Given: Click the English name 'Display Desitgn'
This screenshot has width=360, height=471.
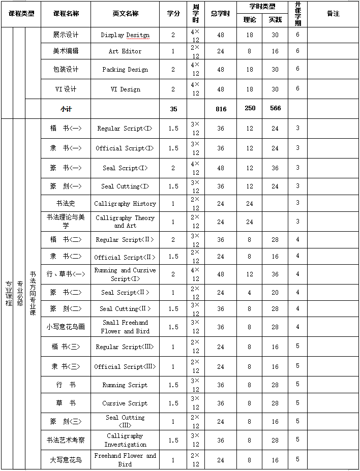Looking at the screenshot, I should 125,35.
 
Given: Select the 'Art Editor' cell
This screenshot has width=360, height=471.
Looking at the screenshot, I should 125,51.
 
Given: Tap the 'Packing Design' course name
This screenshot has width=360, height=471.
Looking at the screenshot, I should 125,70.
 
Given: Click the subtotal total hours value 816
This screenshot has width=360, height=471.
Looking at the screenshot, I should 221,109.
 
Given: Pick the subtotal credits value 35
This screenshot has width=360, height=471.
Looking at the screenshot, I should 173,109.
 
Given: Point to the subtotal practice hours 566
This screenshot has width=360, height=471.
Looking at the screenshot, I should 275,108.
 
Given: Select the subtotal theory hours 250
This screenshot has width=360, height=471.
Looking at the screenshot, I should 250,108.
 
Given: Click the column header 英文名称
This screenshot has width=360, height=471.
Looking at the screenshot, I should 125,14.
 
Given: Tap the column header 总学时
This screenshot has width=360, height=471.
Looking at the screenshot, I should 221,14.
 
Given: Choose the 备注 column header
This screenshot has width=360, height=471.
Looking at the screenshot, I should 333,14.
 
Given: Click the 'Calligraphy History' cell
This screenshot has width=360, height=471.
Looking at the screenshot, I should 125,204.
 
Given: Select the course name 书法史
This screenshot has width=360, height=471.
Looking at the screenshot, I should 66,204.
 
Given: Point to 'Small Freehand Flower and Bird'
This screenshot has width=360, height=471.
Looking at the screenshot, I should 125,327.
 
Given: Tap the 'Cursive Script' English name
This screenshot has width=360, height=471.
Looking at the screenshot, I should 125,403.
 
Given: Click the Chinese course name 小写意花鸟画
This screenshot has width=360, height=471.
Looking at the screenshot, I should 66,327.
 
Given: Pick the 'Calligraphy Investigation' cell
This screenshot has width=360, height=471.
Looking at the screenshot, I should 125,440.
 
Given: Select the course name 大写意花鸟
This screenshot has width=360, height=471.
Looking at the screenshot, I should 66,460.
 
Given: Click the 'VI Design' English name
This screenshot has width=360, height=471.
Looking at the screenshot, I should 125,89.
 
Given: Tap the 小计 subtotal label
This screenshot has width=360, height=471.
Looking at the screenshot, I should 66,109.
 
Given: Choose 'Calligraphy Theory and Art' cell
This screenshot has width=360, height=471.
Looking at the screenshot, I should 125,222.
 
